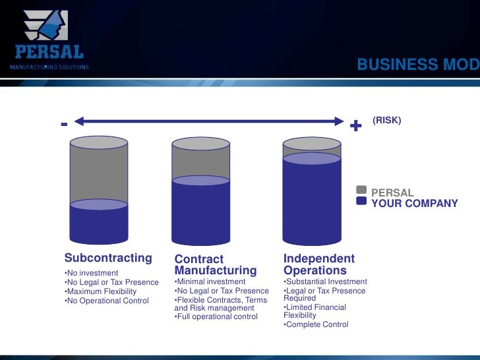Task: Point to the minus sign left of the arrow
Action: pyautogui.click(x=64, y=123)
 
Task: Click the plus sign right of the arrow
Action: pyautogui.click(x=356, y=125)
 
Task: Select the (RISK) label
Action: pyautogui.click(x=386, y=121)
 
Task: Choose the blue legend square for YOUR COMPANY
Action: pyautogui.click(x=361, y=202)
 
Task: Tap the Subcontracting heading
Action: pyautogui.click(x=108, y=258)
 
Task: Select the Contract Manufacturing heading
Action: pyautogui.click(x=215, y=265)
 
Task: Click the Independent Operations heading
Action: pyautogui.click(x=319, y=264)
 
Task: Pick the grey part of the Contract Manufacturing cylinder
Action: pyautogui.click(x=200, y=160)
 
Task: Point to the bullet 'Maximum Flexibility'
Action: pyautogui.click(x=101, y=291)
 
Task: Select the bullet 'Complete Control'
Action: pyautogui.click(x=316, y=324)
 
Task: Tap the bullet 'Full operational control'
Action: pyautogui.click(x=216, y=316)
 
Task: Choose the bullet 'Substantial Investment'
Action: pyautogui.click(x=325, y=282)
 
